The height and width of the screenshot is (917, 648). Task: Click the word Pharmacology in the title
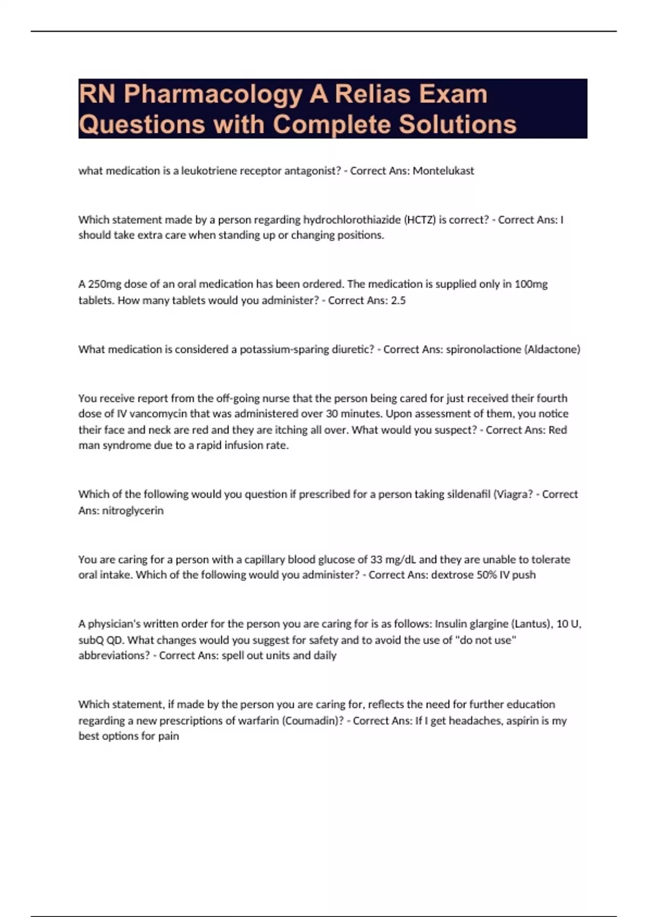(213, 95)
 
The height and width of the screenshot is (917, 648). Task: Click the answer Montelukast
(443, 170)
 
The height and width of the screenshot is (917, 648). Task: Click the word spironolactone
(483, 349)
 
